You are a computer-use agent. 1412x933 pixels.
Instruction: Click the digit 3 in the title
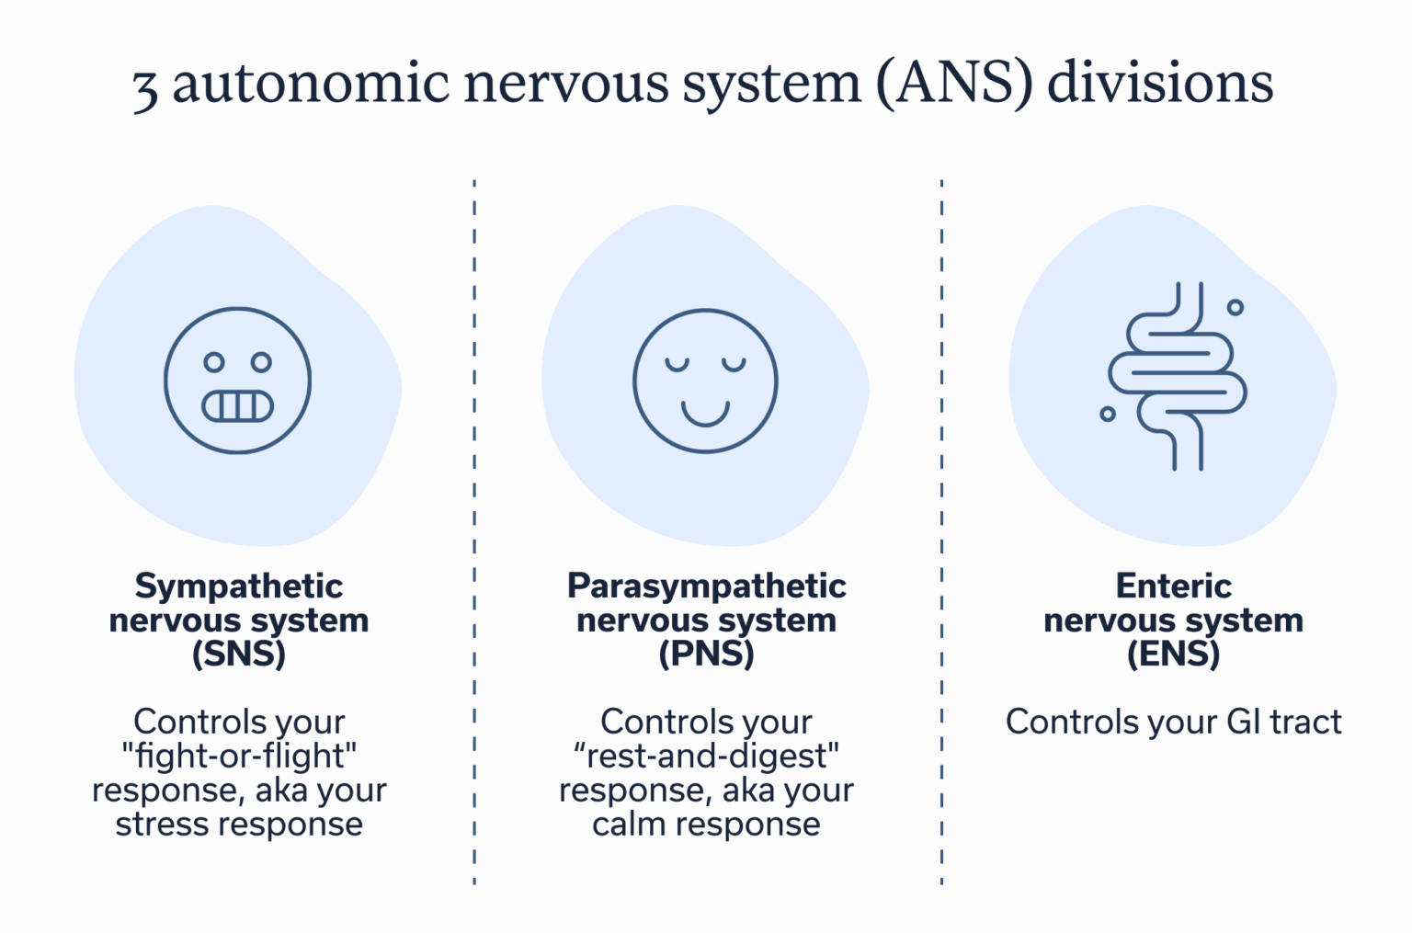point(145,88)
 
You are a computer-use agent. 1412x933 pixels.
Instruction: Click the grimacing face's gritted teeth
point(238,405)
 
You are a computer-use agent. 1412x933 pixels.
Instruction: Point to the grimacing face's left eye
point(214,362)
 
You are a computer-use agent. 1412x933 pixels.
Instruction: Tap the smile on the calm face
point(705,413)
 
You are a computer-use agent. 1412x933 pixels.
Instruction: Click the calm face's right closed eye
point(734,365)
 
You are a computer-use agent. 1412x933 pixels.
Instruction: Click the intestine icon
point(1177,377)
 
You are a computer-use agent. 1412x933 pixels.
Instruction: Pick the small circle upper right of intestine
point(1235,307)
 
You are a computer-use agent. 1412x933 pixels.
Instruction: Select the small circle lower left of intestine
point(1108,415)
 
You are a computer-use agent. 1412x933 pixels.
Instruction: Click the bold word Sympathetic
point(239,586)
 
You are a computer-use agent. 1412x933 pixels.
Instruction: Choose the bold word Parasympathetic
point(706,586)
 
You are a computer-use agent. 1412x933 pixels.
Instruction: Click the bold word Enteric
point(1173,586)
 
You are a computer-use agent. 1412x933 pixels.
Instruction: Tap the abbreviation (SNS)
point(239,654)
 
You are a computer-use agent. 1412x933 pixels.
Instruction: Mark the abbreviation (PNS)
point(706,654)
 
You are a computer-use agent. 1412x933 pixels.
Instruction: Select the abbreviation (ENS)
point(1173,654)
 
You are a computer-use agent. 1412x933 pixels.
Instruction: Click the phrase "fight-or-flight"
point(239,756)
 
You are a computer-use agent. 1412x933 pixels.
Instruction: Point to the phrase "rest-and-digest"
point(706,756)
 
